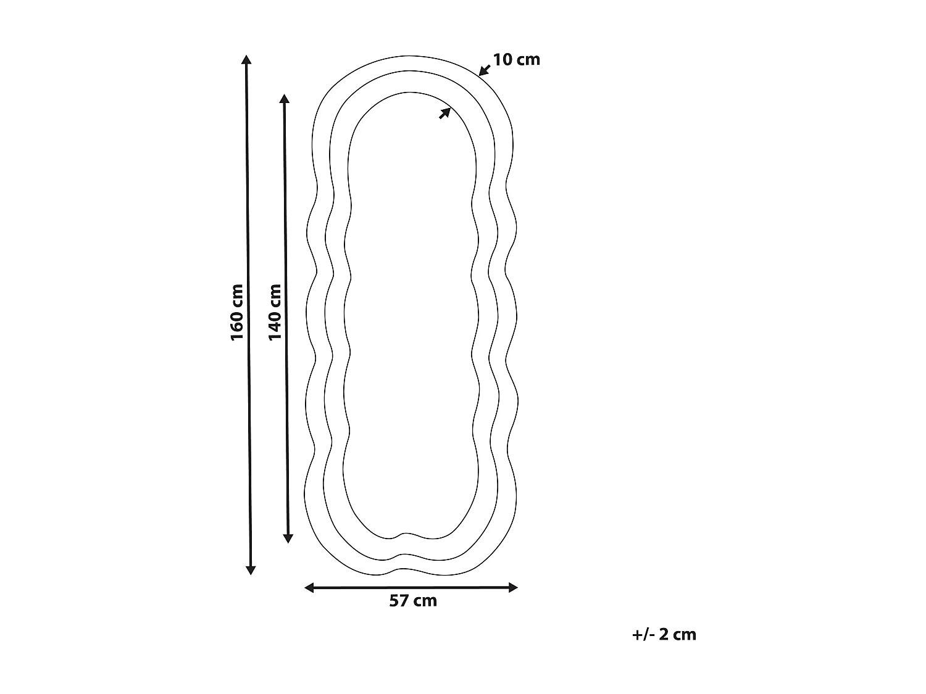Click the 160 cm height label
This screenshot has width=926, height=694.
click(x=237, y=312)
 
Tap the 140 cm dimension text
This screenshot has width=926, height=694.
click(x=275, y=312)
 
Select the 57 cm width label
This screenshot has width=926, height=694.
click(x=413, y=601)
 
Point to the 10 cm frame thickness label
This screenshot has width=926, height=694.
click(x=516, y=60)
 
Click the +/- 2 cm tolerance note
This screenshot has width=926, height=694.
click(x=664, y=634)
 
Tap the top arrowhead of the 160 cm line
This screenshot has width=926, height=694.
click(x=246, y=60)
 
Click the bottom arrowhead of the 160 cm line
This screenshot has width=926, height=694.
click(x=251, y=569)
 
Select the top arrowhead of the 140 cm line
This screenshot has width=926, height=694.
click(x=284, y=99)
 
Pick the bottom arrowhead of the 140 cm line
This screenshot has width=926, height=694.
click(x=288, y=538)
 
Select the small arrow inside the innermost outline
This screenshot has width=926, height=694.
click(x=444, y=113)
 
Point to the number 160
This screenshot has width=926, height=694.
click(x=237, y=326)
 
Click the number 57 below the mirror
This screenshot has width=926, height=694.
click(x=399, y=601)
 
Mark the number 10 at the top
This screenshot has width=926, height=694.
click(x=502, y=60)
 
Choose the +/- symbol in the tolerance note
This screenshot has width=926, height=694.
click(x=643, y=634)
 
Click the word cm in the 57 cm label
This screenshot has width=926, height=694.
click(x=425, y=601)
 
